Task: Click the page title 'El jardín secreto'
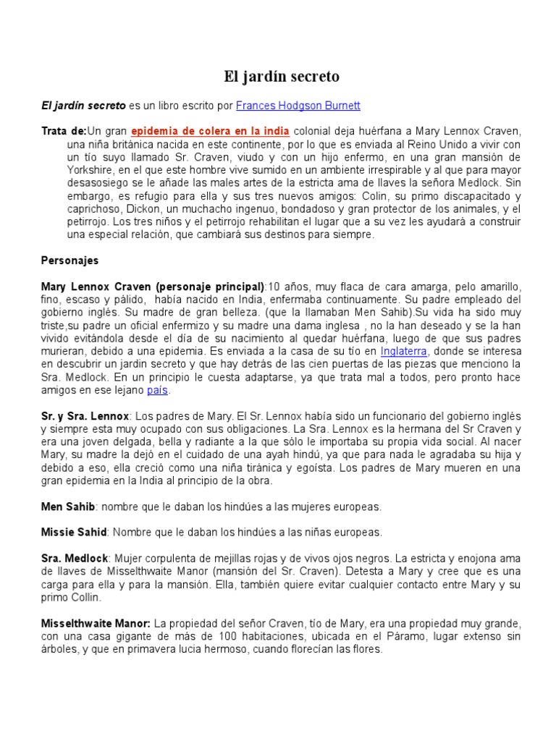point(279,76)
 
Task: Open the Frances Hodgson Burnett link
point(298,106)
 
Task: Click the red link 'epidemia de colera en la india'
point(210,131)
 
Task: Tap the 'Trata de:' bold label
point(63,131)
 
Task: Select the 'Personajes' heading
point(70,260)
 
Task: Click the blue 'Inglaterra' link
point(404,351)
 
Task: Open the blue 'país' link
point(157,390)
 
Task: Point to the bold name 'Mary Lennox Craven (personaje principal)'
point(153,286)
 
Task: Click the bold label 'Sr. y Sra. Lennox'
point(85,416)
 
